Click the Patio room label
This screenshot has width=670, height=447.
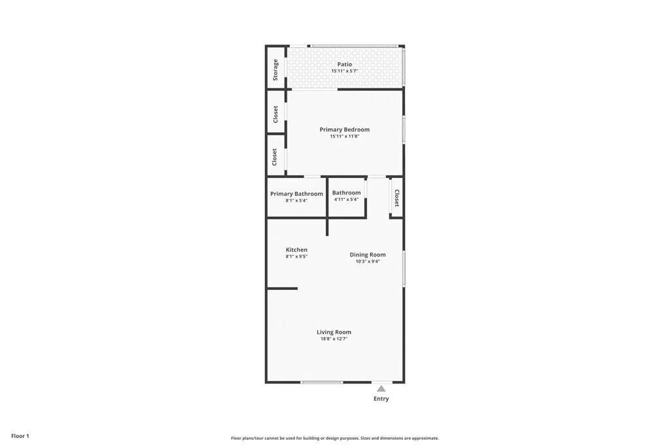[344, 64]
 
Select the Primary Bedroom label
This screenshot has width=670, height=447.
[344, 130]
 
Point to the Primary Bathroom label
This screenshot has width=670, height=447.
[296, 194]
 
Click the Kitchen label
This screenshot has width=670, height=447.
[296, 250]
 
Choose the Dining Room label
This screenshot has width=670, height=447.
[367, 255]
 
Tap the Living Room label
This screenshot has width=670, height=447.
[334, 332]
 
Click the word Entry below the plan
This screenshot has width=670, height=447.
[381, 399]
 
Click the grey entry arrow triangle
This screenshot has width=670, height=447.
[381, 389]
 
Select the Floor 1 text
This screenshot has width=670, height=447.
[20, 436]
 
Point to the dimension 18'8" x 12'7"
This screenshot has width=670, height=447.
[334, 339]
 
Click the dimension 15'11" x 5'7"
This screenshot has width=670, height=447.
[344, 71]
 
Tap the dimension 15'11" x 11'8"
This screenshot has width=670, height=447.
[344, 136]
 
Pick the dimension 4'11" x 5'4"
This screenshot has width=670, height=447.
[345, 200]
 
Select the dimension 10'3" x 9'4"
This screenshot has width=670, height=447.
[367, 261]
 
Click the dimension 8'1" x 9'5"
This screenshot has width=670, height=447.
[296, 257]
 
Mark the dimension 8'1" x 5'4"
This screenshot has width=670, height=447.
[296, 200]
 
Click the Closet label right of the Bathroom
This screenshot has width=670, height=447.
[397, 198]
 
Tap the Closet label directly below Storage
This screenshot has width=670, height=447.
[275, 114]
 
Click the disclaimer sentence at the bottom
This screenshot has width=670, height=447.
[334, 438]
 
